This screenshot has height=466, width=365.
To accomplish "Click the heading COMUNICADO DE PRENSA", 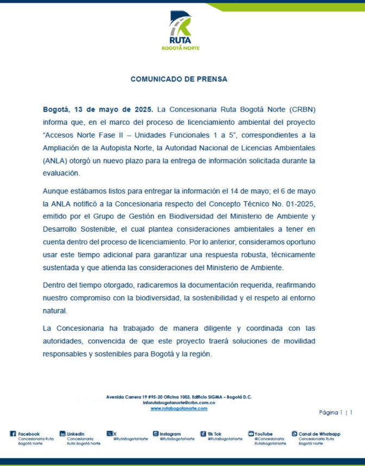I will tap(179, 79).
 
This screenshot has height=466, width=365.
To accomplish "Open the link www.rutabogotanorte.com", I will tap(179, 408).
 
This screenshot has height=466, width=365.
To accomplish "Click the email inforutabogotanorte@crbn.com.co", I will tap(179, 403).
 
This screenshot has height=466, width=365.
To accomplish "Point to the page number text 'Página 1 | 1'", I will tap(336, 412).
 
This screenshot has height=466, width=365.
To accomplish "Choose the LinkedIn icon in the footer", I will tap(62, 434).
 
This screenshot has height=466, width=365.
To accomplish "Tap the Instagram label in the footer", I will tap(170, 434).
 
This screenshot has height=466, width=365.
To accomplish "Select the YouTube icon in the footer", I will tap(251, 434).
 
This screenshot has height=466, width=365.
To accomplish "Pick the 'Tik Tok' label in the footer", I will tap(215, 434).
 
